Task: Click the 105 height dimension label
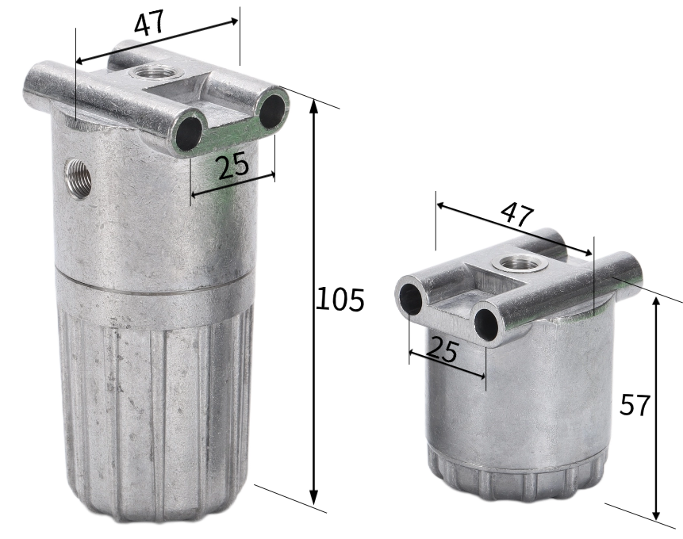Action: [x=340, y=299]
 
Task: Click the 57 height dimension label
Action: [x=635, y=405]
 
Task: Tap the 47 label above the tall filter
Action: [x=149, y=23]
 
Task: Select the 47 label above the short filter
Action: [x=516, y=214]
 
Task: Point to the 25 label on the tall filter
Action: [x=233, y=166]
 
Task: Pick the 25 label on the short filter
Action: [x=442, y=350]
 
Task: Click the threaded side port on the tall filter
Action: [x=79, y=178]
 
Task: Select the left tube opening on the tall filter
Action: [x=189, y=133]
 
